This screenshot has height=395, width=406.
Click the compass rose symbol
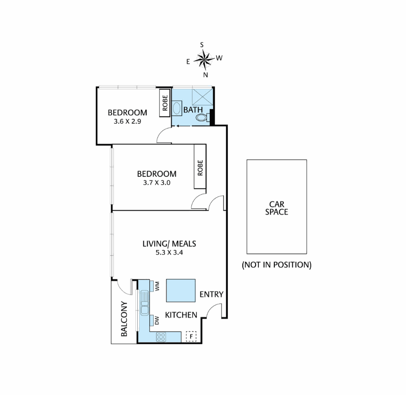(x=203, y=59)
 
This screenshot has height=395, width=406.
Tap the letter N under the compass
(x=205, y=75)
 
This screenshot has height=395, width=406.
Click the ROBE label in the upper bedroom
(x=165, y=103)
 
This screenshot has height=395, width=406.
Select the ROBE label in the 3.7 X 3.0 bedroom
(x=200, y=168)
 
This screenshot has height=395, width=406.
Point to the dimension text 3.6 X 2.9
(x=127, y=121)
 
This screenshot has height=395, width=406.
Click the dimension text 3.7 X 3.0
(x=156, y=182)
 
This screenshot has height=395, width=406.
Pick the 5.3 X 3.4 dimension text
(x=169, y=252)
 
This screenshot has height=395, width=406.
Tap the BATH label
(x=192, y=110)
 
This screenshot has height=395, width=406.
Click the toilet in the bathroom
(x=201, y=118)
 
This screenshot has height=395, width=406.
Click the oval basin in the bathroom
(x=177, y=108)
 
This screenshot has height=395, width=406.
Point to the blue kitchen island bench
(x=180, y=290)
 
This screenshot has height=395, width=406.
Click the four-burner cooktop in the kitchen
(x=161, y=337)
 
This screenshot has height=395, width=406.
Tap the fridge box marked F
(x=191, y=336)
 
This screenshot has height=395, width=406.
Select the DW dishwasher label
(x=157, y=320)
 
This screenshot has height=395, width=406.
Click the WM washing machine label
(x=157, y=285)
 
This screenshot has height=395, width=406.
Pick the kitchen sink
(x=143, y=302)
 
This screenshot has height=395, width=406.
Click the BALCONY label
(x=124, y=319)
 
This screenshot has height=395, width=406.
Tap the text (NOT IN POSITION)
(x=276, y=265)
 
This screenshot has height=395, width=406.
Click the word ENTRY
(x=211, y=294)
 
